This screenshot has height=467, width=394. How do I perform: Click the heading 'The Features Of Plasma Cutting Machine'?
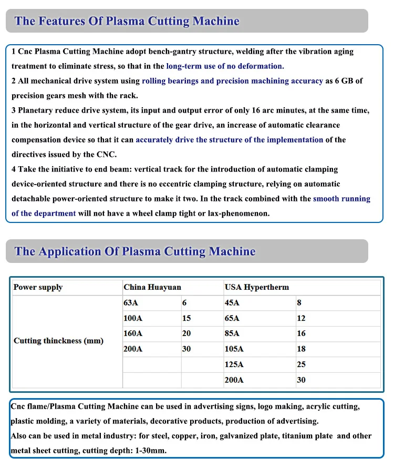[x=127, y=22]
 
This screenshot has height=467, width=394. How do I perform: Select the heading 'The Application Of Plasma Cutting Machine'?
[x=135, y=251]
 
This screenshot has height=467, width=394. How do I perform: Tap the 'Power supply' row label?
[x=38, y=287]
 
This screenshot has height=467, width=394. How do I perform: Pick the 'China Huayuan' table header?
[x=152, y=287]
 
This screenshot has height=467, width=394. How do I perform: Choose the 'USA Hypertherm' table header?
[x=257, y=287]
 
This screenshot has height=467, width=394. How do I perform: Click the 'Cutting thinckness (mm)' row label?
[x=58, y=341]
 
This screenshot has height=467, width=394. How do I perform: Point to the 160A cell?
[x=133, y=333]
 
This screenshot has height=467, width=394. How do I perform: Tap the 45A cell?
[x=232, y=303]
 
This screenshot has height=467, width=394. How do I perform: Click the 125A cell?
[x=234, y=364]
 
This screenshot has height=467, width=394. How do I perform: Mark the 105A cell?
[x=234, y=349]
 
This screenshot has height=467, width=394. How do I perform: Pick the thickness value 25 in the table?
[x=301, y=364]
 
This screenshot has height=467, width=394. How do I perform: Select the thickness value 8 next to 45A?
[x=299, y=303]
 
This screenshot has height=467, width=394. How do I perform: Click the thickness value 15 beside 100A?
[x=186, y=318]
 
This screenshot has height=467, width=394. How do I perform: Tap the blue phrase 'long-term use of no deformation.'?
[x=225, y=66]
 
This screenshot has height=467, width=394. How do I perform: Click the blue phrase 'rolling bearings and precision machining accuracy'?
[x=232, y=81]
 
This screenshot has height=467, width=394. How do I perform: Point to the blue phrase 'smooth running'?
[x=341, y=199]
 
